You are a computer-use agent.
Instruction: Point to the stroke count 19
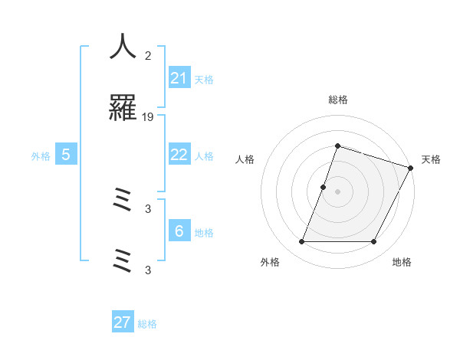[x=148, y=117]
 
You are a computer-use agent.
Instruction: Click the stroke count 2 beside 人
[x=148, y=55]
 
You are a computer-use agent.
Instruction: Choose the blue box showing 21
[x=179, y=78]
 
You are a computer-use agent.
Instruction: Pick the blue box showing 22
[x=179, y=154]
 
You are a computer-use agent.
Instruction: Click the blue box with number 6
[x=179, y=231]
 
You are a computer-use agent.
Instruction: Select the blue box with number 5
[x=66, y=155]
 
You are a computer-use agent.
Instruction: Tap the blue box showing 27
[x=123, y=322]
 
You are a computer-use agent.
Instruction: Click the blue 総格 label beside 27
[x=147, y=324]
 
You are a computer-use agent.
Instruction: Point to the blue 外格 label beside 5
[x=41, y=156]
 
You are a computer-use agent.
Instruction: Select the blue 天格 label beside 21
[x=204, y=80]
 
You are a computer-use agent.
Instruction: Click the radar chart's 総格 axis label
[x=337, y=100]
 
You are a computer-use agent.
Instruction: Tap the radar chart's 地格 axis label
[x=402, y=262]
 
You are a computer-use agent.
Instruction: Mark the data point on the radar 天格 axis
[x=411, y=168]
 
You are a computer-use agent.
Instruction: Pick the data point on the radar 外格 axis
[x=301, y=242]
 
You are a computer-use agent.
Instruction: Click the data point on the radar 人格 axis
[x=324, y=187]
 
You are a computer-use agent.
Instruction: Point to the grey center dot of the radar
[x=337, y=191]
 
